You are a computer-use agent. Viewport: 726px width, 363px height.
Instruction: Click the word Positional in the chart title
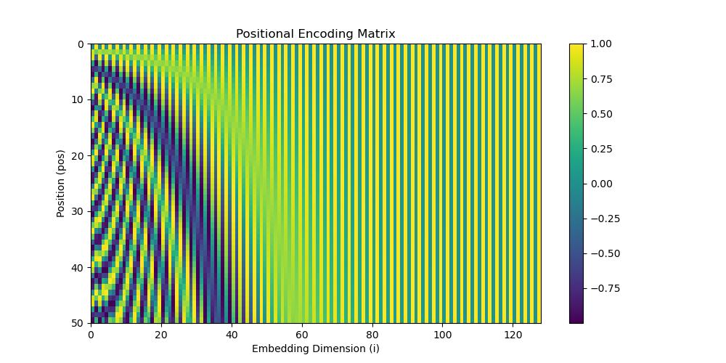260,34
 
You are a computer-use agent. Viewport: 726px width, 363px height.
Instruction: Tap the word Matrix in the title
377,34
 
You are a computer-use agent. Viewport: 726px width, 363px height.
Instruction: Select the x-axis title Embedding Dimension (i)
315,348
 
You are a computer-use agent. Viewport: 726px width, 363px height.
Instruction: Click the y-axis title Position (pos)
61,183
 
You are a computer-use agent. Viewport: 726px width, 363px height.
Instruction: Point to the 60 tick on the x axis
302,335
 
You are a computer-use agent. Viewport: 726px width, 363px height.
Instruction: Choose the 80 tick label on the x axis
372,335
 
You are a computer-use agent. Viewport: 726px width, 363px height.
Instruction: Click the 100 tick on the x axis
442,335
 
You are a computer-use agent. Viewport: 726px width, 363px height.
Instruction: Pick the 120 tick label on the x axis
513,335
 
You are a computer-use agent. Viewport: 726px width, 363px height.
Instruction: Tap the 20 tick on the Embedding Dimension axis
161,335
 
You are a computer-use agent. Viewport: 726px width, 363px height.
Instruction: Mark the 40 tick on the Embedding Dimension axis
232,335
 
